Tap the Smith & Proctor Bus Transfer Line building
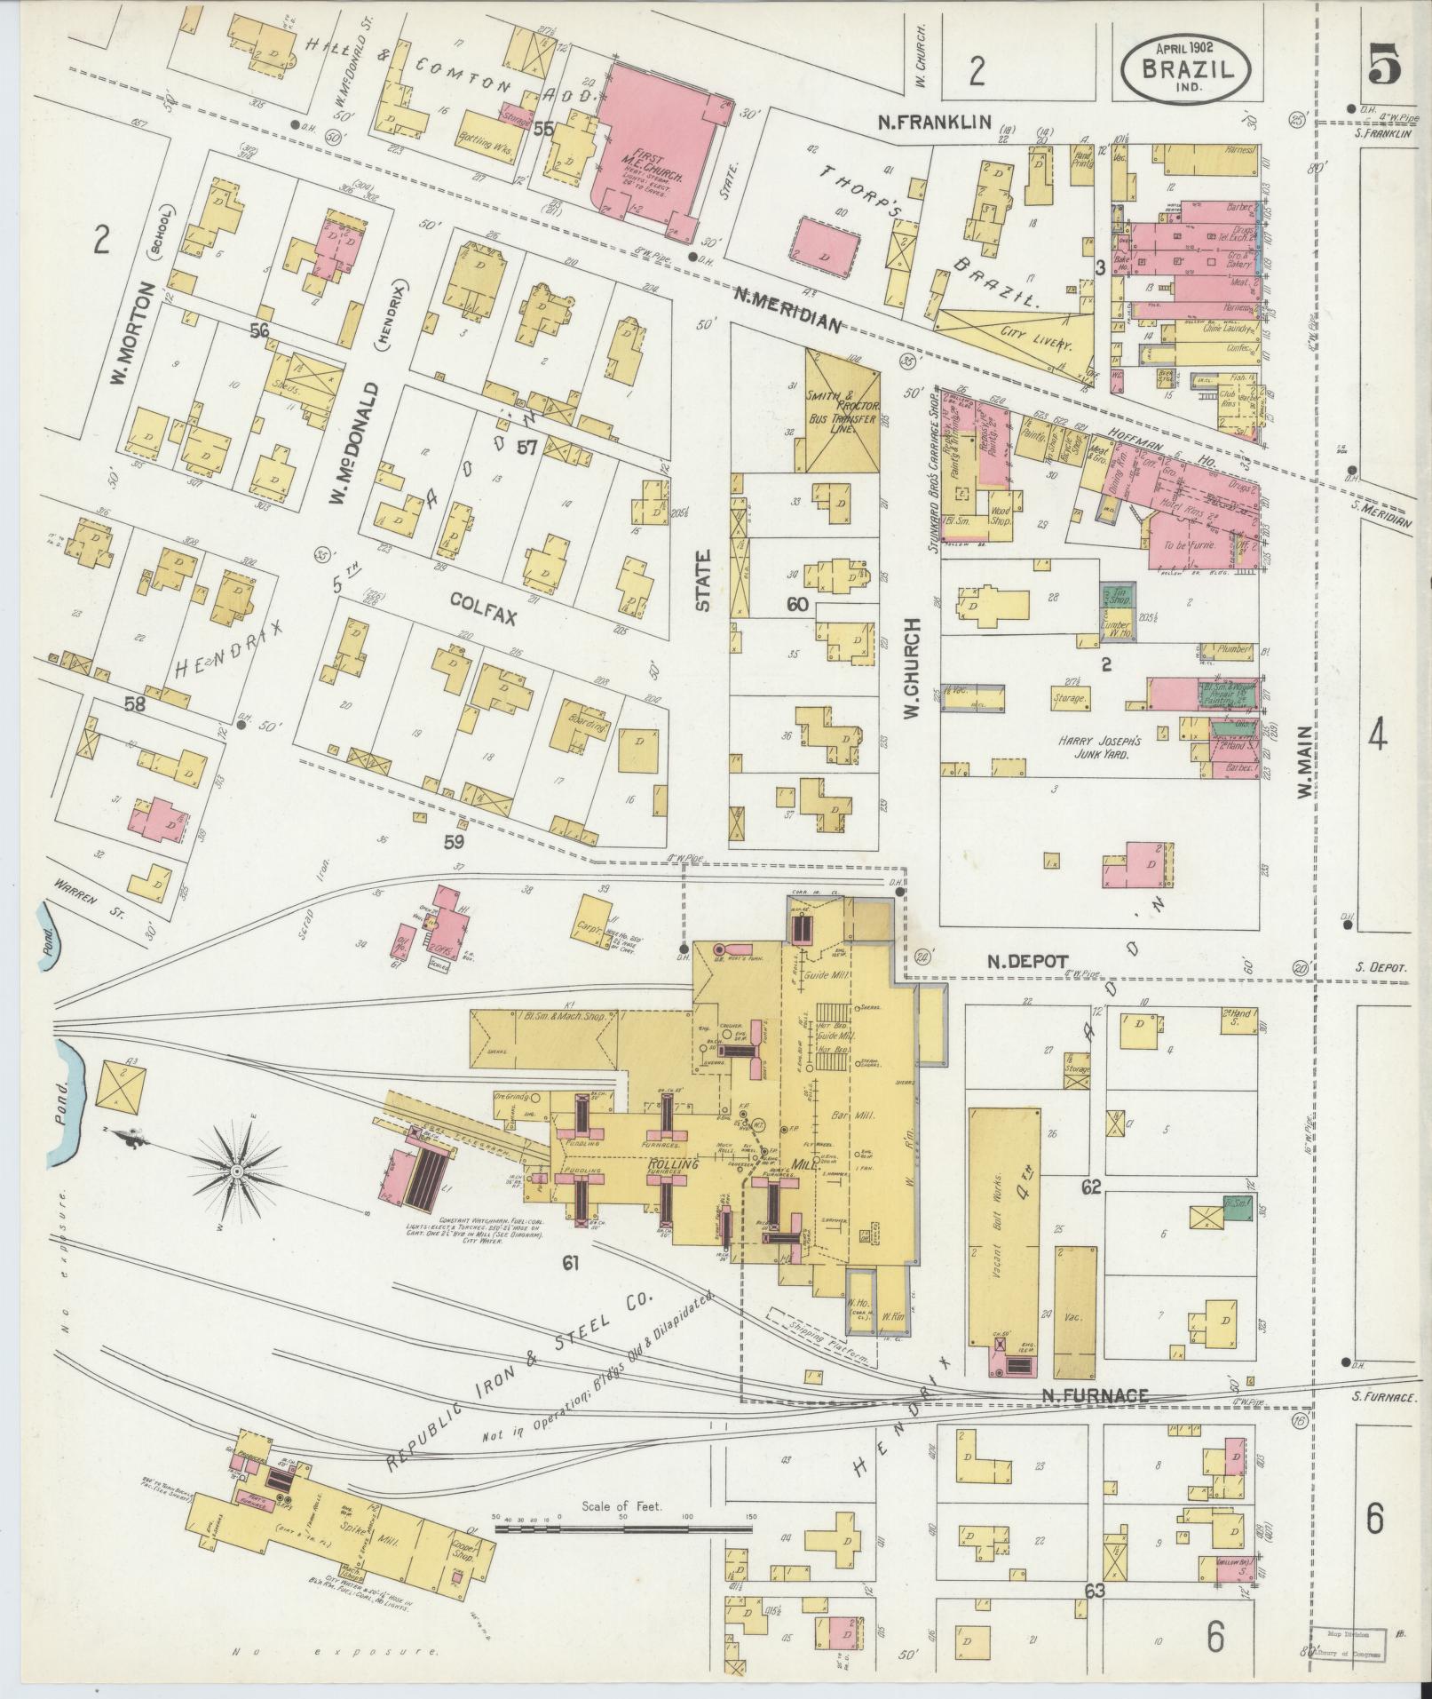pos(843,410)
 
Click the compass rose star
pos(237,1173)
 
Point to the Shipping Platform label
pos(818,1335)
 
